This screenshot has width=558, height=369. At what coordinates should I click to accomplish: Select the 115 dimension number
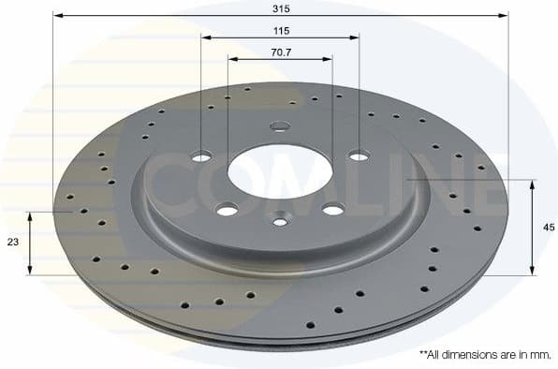point(281,30)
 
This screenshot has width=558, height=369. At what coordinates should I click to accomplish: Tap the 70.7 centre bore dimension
point(281,52)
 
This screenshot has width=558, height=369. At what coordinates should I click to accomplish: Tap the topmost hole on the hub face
point(280,126)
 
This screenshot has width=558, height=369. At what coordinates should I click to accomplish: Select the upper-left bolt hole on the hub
point(202,156)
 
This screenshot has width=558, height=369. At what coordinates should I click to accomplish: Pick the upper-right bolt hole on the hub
point(359,155)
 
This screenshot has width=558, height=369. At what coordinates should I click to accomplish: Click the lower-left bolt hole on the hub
point(227,211)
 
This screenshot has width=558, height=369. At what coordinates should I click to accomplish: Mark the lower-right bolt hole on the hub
point(332,210)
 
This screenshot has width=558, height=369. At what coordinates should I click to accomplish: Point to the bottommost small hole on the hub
point(280,221)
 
